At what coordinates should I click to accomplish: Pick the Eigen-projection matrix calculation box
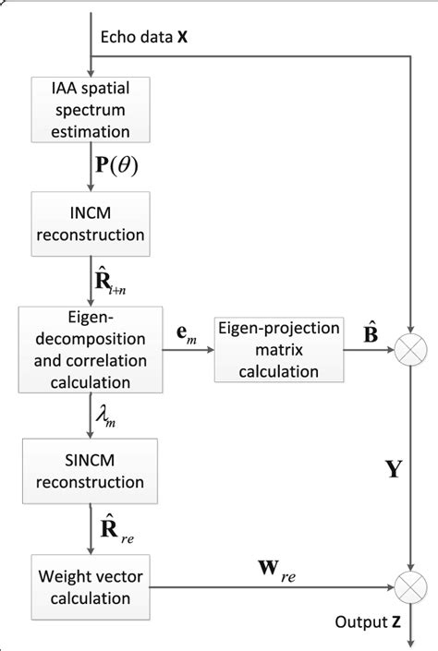click(268, 350)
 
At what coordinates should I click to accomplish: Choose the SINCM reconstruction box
click(91, 468)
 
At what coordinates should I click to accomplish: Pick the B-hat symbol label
click(353, 330)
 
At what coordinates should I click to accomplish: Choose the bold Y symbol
click(392, 468)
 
